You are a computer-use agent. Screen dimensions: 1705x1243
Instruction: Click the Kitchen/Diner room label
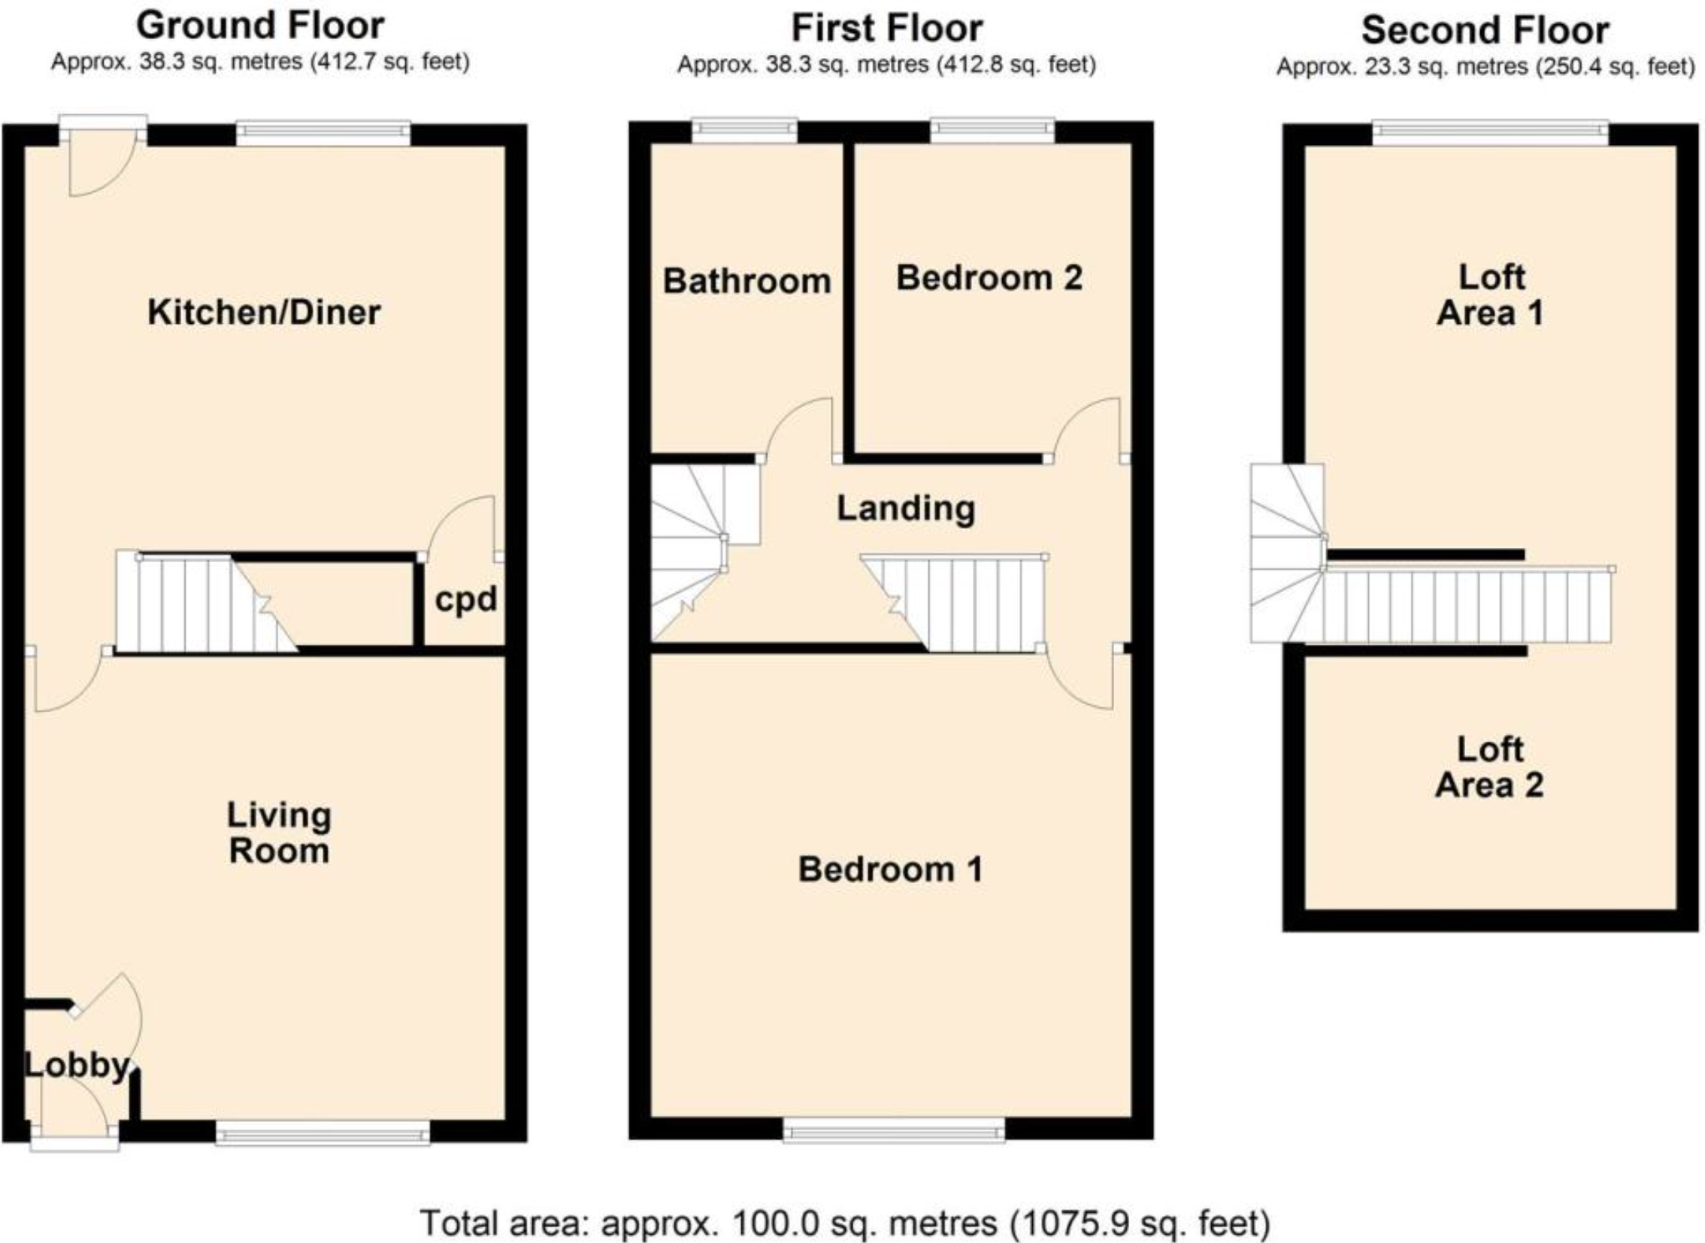point(263,313)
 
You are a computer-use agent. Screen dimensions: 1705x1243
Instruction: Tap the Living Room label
point(279,833)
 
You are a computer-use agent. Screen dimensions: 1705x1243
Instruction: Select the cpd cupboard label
point(466,600)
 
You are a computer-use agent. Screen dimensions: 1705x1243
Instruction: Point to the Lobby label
point(77,1066)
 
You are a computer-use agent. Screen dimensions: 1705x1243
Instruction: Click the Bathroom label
point(747,281)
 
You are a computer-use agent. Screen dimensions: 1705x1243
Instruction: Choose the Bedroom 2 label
point(989,277)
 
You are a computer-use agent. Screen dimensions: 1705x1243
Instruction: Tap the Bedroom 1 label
point(891,869)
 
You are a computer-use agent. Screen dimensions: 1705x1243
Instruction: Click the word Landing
point(907,510)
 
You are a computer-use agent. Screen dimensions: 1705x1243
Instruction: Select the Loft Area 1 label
point(1491,295)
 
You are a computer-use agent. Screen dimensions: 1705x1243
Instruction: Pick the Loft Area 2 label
point(1490,767)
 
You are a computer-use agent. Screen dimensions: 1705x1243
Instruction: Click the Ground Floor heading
point(260,26)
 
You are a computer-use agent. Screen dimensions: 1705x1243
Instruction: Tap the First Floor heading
point(887,29)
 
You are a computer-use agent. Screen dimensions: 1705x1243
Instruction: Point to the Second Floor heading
point(1485,31)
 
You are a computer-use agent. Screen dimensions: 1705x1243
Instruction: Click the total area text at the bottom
point(844,1223)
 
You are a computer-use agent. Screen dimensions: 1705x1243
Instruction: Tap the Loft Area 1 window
point(1491,133)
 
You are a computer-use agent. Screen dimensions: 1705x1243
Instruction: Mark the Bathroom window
point(744,130)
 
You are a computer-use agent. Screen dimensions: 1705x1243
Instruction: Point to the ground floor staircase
point(207,602)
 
